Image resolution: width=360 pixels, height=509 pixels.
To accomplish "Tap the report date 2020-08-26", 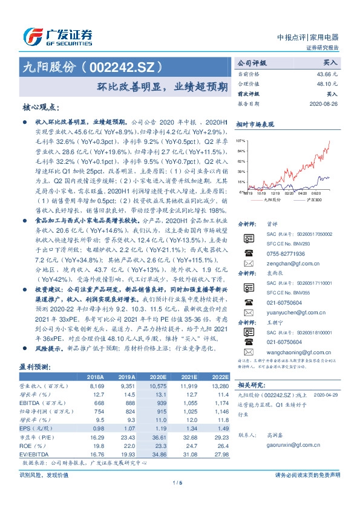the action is [x=324, y=103].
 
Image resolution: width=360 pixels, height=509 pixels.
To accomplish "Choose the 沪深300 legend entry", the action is [x=312, y=199].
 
